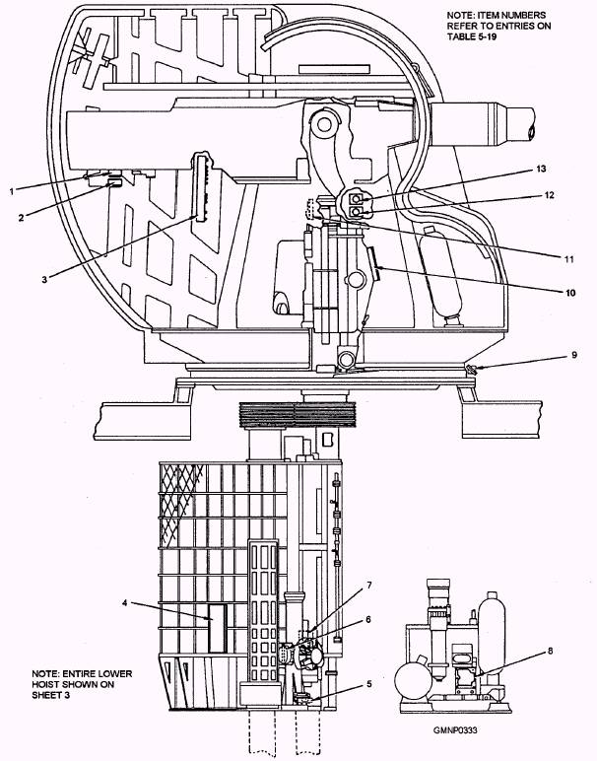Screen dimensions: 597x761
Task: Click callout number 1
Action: coord(12,191)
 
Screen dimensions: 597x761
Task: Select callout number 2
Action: coord(21,218)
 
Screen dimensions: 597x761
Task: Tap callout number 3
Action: coord(44,280)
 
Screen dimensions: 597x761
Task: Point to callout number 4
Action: coord(125,602)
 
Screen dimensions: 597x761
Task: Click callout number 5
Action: coord(369,684)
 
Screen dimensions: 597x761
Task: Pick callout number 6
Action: coord(368,619)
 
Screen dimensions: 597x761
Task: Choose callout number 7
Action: coord(369,586)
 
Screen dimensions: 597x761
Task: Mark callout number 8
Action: coord(550,651)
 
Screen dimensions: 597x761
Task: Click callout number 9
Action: coord(574,355)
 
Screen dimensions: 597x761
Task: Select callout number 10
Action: coord(569,293)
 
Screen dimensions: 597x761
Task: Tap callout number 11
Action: coord(568,258)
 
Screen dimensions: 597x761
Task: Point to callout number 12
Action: coord(549,195)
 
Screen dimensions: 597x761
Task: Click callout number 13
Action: coord(541,169)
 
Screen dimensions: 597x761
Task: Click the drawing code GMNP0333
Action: coord(455,729)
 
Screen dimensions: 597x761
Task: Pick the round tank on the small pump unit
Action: coord(413,681)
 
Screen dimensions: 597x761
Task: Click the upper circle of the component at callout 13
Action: coord(357,198)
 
